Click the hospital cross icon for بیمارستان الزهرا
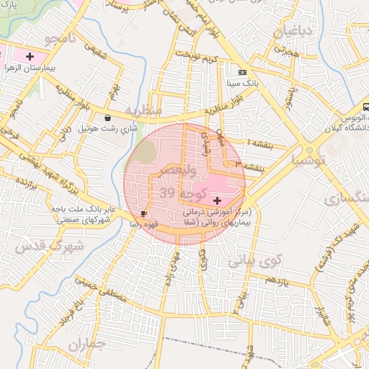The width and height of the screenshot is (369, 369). pos(29,56)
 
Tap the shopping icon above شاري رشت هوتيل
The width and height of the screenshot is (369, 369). pos(107,117)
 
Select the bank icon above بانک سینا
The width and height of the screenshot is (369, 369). pos(242,72)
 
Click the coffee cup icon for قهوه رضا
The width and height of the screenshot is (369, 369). pos(144,213)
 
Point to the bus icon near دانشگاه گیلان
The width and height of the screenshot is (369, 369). pos(365,107)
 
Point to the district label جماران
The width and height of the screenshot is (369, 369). pos(87,344)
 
